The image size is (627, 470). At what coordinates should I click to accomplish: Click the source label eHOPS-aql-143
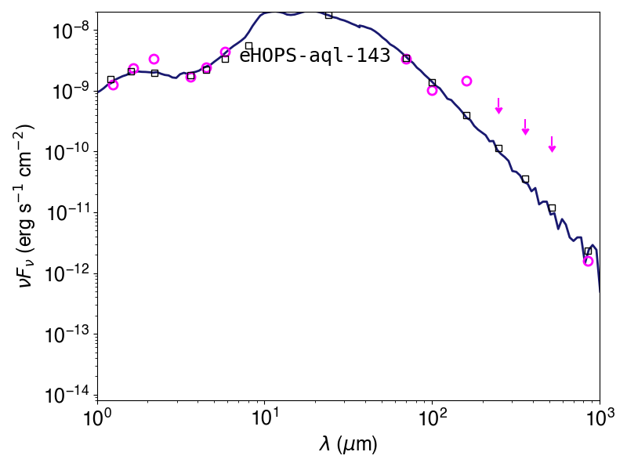(x=315, y=56)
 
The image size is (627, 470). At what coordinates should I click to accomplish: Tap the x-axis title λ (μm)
(x=348, y=444)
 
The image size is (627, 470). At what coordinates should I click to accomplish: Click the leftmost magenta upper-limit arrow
(x=498, y=106)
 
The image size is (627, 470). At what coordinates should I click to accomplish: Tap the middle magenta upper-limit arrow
(x=525, y=127)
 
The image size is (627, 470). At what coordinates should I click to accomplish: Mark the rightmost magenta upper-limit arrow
(x=552, y=144)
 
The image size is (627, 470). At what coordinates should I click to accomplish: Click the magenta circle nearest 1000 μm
(x=588, y=262)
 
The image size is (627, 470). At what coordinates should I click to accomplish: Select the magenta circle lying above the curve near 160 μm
(x=466, y=81)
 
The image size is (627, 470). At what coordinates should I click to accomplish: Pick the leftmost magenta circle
(x=113, y=85)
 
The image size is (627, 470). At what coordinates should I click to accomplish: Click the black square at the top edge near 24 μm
(x=328, y=15)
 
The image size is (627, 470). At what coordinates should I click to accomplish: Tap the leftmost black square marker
(x=111, y=80)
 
